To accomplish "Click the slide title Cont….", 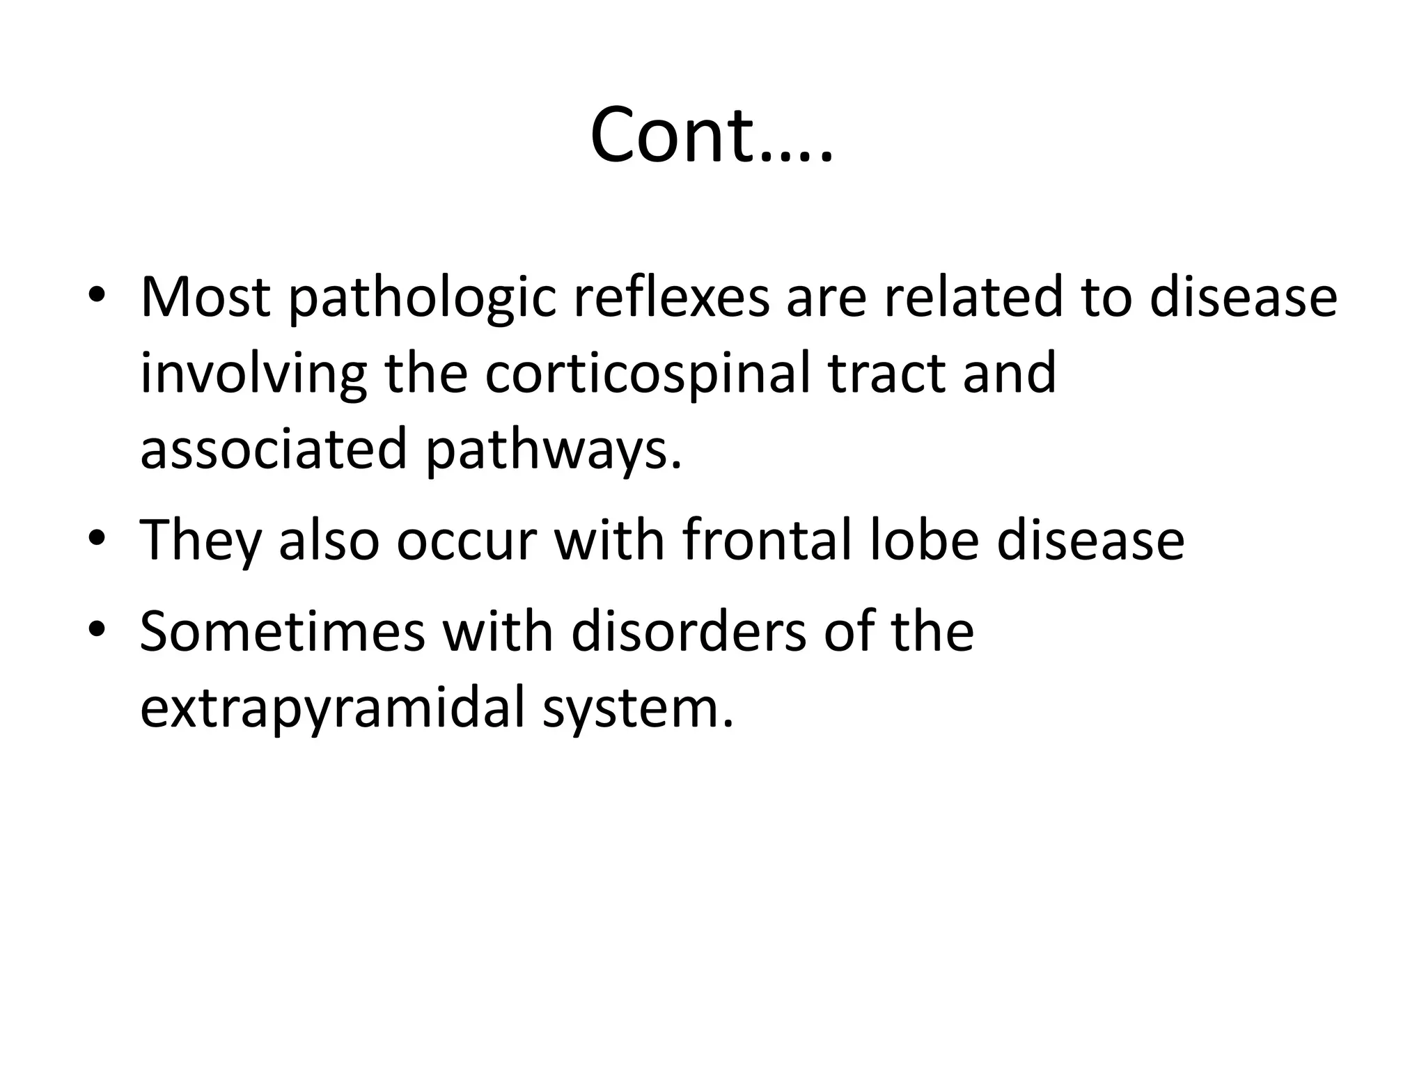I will (712, 135).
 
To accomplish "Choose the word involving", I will (253, 374).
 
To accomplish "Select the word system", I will (638, 710).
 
